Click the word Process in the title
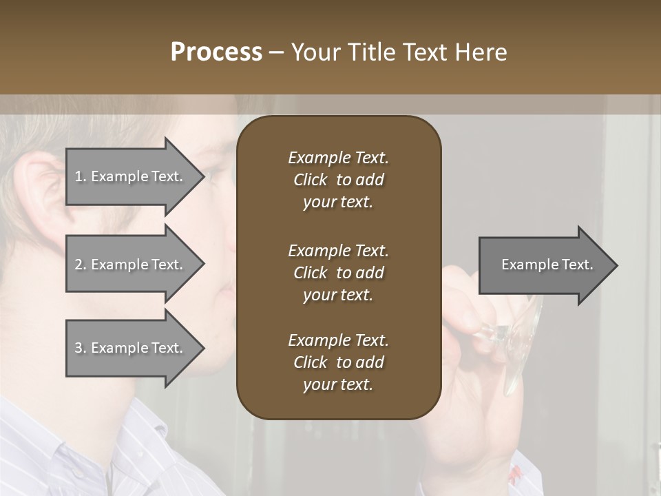pos(216,52)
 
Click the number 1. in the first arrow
pos(81,176)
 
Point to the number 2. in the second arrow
pos(81,265)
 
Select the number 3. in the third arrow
pos(81,348)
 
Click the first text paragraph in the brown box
pos(338,180)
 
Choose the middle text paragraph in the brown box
pos(338,273)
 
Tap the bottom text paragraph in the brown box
pos(338,362)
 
